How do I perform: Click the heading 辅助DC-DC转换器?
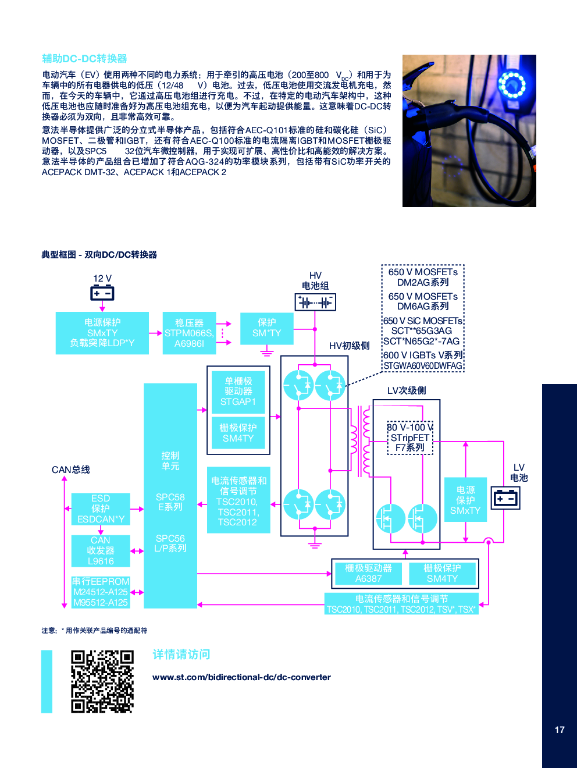84,59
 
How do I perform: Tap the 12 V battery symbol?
102,293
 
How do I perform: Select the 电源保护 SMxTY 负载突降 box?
102,333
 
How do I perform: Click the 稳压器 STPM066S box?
189,333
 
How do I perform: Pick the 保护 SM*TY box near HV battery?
266,328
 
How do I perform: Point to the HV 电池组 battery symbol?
315,302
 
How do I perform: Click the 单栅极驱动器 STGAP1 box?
238,391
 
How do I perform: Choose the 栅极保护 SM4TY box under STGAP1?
238,433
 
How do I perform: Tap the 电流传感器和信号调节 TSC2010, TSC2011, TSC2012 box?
238,500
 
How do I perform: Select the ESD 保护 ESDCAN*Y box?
101,509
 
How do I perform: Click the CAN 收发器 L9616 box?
101,550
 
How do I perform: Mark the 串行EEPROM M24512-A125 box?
101,592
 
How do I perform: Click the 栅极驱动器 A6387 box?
368,573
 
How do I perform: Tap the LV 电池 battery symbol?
505,498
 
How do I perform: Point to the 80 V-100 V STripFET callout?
410,438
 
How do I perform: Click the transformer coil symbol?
360,440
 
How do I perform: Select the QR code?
102,681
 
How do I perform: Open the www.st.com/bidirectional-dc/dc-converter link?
241,677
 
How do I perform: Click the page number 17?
560,730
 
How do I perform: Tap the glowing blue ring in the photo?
512,85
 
